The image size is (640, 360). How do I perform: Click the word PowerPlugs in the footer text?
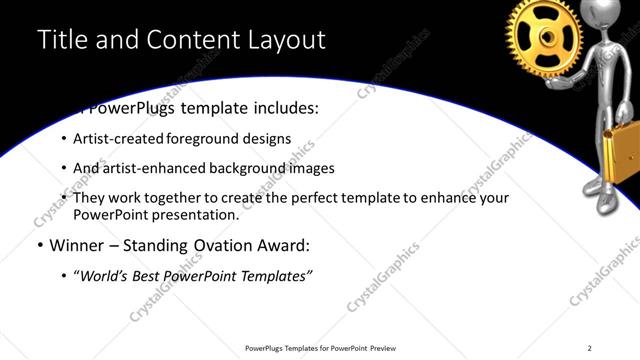tap(267, 348)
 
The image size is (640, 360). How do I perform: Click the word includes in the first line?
tap(283, 108)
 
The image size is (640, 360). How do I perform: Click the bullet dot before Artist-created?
tap(65, 140)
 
